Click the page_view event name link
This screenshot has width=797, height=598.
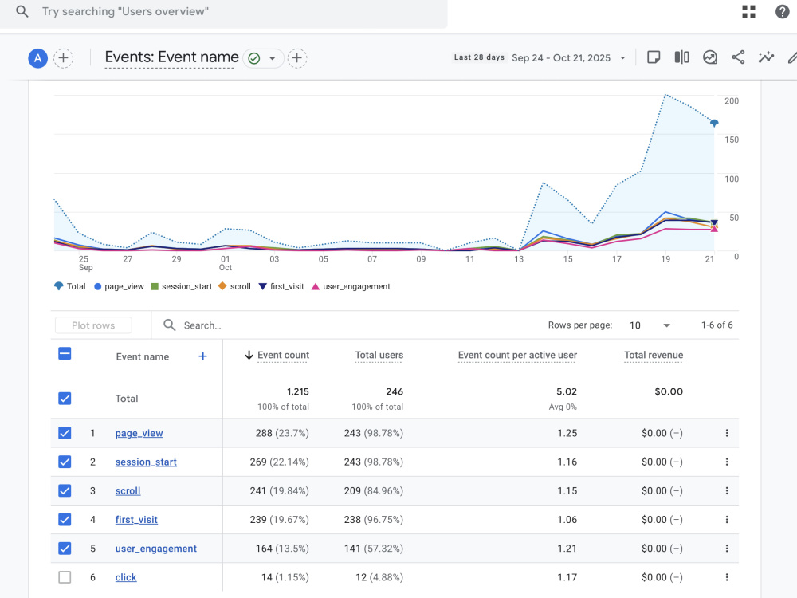tap(139, 433)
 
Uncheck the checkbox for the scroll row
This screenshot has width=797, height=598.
tap(65, 490)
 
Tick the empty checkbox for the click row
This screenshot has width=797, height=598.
tap(65, 577)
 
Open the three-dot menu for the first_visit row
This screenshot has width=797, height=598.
tap(727, 520)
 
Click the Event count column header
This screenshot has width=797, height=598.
tap(283, 355)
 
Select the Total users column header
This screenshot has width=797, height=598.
tap(379, 355)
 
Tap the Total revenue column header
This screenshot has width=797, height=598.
tap(654, 355)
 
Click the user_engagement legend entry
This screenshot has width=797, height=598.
tap(351, 287)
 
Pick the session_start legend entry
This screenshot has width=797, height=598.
tap(182, 287)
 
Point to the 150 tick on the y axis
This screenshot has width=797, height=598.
tap(732, 140)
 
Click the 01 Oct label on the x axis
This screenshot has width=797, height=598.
tap(226, 263)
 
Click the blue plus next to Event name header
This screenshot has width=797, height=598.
tap(202, 356)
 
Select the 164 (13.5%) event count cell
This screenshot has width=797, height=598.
tap(282, 549)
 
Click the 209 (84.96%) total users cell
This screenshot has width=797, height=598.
tap(374, 490)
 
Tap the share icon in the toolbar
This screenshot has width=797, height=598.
tap(738, 57)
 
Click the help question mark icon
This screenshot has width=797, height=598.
tap(783, 12)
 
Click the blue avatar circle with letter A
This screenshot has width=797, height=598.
tap(37, 58)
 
